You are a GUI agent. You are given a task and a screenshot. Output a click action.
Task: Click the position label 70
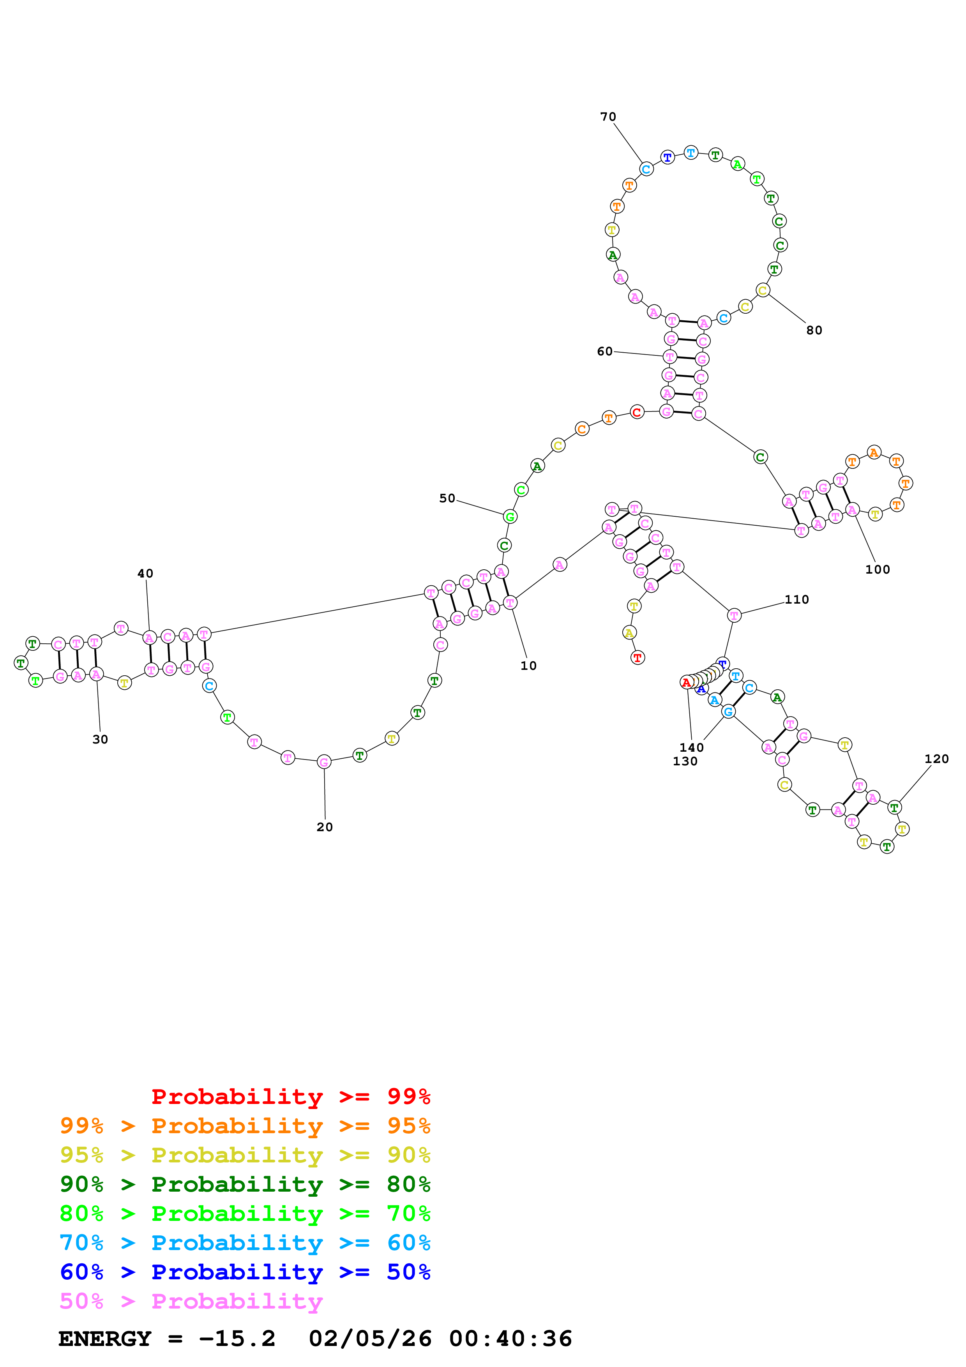[x=608, y=117]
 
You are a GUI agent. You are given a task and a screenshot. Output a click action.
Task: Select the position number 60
[x=605, y=351]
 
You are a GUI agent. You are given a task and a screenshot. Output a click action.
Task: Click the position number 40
[x=145, y=573]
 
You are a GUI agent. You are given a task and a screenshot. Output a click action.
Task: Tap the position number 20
[x=324, y=827]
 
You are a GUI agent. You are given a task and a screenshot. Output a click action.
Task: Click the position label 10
[x=528, y=665]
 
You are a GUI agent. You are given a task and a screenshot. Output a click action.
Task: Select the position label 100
[x=877, y=569]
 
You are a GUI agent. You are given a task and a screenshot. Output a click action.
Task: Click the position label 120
[x=936, y=759]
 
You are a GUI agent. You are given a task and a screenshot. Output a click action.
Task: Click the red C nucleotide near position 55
[x=637, y=412]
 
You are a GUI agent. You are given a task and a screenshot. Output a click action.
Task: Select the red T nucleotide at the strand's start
[x=638, y=657]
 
